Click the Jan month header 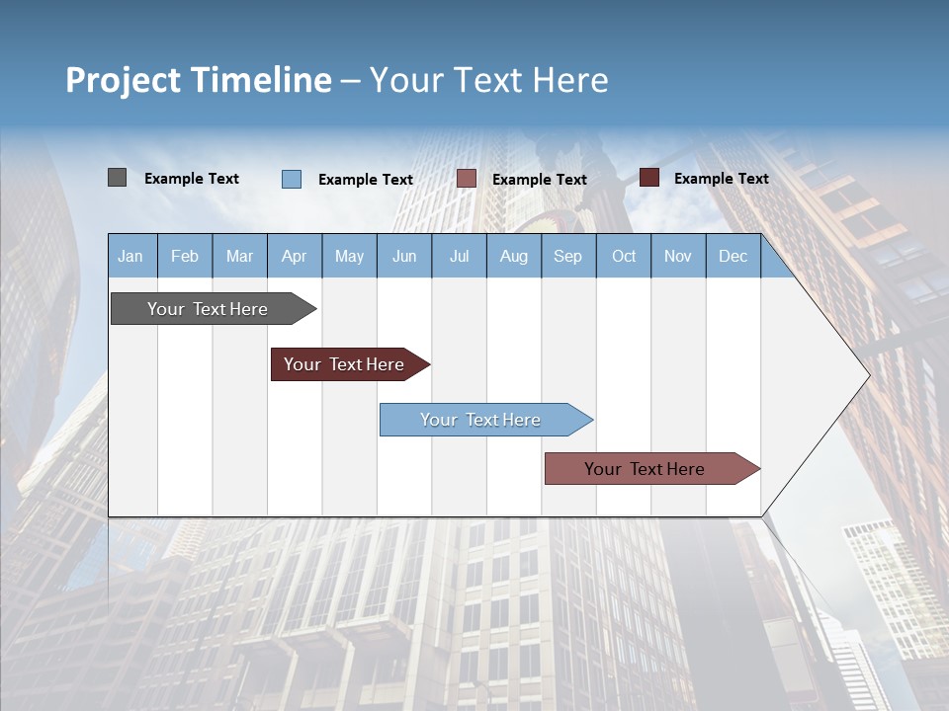pos(131,256)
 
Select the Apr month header pos(295,256)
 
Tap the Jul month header pos(459,256)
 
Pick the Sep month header pos(567,256)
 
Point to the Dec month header pos(733,256)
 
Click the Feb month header pos(185,256)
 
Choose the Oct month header pos(624,256)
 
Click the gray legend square pos(117,178)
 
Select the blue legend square pos(292,179)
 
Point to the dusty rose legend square pos(467,179)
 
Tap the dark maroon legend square pos(649,178)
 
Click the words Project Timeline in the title pos(199,80)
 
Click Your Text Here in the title pos(489,80)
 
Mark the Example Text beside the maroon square pos(721,179)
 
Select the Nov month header pos(678,256)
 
